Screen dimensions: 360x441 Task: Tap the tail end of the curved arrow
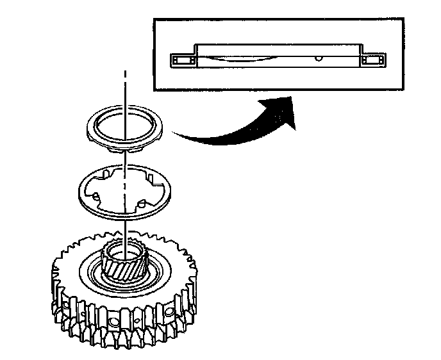[176, 134]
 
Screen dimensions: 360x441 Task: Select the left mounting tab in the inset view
[183, 60]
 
